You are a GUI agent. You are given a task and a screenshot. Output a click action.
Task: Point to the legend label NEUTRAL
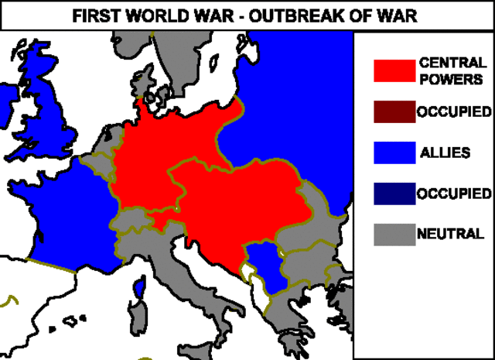pyautogui.click(x=450, y=233)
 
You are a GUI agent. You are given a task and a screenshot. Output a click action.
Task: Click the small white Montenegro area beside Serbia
pyautogui.click(x=249, y=272)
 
